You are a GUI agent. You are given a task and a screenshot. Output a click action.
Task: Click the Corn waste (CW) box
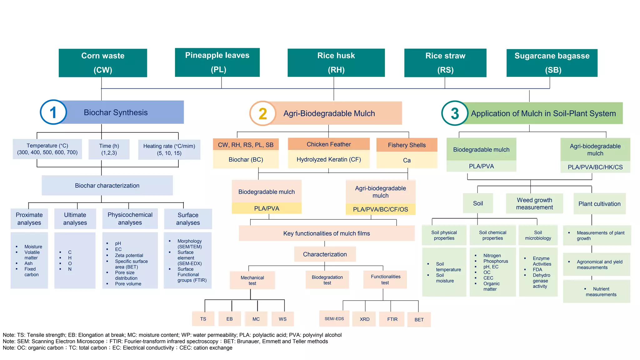(x=103, y=63)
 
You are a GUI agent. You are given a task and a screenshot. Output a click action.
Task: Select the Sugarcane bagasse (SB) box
(x=552, y=63)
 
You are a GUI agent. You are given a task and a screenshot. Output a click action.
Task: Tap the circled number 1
(x=53, y=112)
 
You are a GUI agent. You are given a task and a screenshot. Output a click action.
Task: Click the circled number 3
(x=455, y=113)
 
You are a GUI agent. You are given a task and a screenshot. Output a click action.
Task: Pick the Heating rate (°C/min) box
(x=169, y=149)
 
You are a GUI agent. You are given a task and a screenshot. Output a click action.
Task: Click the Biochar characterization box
(x=107, y=185)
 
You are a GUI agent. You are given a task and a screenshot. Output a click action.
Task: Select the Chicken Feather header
(x=328, y=144)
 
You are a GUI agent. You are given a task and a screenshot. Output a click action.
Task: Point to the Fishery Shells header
(x=407, y=145)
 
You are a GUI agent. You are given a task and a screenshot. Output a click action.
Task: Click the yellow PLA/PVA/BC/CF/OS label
(x=380, y=209)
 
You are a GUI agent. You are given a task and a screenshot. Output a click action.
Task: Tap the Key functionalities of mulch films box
(x=327, y=233)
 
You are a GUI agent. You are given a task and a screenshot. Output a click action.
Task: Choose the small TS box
(x=203, y=319)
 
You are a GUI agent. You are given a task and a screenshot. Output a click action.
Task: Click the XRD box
(x=364, y=319)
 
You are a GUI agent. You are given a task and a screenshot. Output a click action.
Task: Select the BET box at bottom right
(x=419, y=319)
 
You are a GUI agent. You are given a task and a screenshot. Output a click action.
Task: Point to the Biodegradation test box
(x=327, y=280)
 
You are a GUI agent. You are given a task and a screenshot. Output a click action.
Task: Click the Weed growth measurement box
(x=534, y=203)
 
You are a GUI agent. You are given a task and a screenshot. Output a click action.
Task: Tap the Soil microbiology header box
(x=538, y=235)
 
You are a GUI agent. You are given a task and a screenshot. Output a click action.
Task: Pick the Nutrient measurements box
(x=601, y=292)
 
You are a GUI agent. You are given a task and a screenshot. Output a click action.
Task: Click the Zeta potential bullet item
(x=129, y=255)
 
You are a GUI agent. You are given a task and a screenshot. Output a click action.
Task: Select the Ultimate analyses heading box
(x=75, y=218)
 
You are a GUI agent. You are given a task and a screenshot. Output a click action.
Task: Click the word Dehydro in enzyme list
(x=541, y=275)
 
